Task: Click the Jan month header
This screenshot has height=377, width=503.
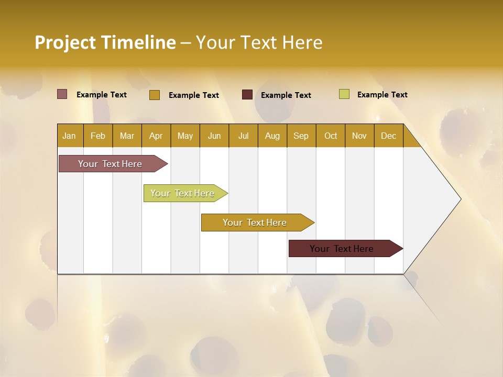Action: coord(69,136)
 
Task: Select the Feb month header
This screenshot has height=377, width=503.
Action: coord(98,136)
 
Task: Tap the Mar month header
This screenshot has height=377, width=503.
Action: coord(127,136)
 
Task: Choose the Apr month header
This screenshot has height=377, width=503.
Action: coord(156,136)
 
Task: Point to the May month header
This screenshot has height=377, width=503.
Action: coord(185,136)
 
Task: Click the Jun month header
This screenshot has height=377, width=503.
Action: coord(214,136)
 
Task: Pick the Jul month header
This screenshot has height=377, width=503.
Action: coord(243,136)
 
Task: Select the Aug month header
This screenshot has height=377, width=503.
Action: coord(272,136)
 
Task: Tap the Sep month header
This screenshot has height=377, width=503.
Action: coord(301,136)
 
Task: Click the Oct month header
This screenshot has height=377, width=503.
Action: coord(331,136)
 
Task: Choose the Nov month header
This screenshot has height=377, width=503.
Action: coord(359,136)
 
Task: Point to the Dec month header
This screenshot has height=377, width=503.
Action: coord(388,136)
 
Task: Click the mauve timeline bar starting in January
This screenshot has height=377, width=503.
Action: coord(111,164)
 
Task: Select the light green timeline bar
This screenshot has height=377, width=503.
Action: coord(183,193)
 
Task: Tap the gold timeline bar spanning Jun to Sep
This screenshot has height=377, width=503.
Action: coord(255,223)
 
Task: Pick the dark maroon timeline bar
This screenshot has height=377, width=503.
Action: coord(342,249)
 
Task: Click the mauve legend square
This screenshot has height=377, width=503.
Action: coord(62,94)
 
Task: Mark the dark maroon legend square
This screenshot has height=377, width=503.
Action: coord(247,95)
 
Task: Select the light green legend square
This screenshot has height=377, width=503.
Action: coord(344,94)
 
